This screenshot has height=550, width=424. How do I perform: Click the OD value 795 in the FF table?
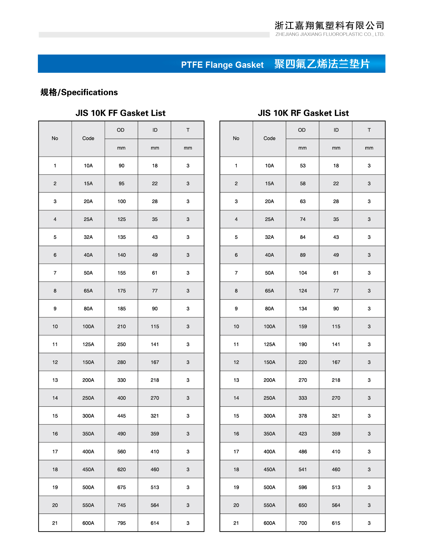point(122,523)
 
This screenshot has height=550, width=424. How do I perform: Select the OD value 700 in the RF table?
point(303,523)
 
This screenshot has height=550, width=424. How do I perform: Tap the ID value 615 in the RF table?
point(336,523)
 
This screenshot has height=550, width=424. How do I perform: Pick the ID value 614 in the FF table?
point(155,523)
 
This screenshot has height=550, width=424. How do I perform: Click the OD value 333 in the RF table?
point(303,398)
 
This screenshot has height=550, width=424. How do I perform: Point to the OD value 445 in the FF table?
point(122,416)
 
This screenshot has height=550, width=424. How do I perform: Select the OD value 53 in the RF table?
point(303,165)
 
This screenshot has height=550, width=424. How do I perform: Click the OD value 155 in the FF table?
point(122,273)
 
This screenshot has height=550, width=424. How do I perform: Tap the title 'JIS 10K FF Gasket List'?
point(120,113)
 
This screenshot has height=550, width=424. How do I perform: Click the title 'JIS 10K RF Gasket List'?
point(303,113)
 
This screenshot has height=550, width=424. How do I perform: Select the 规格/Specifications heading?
point(79,92)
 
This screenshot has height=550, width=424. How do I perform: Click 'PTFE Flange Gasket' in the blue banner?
point(222,65)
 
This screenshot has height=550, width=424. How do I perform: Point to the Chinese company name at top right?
point(329,26)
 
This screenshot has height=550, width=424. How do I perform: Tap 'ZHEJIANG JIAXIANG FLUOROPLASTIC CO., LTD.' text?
point(330,34)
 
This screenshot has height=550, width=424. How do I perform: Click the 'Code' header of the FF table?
point(88,138)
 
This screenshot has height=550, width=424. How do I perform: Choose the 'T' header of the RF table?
point(369,130)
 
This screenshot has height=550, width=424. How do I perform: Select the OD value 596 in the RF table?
point(303,487)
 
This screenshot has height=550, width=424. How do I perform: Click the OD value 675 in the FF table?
point(122,487)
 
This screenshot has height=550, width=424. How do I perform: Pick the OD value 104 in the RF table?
point(303,273)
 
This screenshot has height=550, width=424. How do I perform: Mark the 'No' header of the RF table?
point(236,138)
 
